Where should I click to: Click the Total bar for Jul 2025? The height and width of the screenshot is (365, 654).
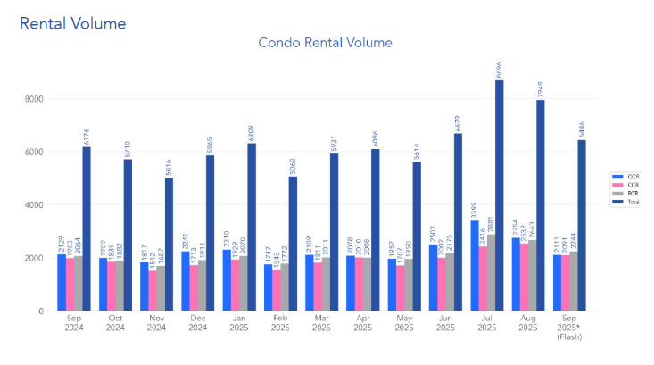(499, 195)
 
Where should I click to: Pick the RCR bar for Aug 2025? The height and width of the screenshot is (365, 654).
(532, 276)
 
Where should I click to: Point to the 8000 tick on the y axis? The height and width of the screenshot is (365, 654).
(34, 99)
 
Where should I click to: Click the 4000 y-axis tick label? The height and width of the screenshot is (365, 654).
(34, 205)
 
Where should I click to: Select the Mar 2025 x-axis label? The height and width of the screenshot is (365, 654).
(321, 322)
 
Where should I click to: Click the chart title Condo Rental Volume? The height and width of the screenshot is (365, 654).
(325, 42)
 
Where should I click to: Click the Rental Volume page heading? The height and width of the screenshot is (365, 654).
(72, 23)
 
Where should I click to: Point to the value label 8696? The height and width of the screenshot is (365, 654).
(499, 69)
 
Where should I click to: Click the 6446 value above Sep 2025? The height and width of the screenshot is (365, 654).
(582, 129)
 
